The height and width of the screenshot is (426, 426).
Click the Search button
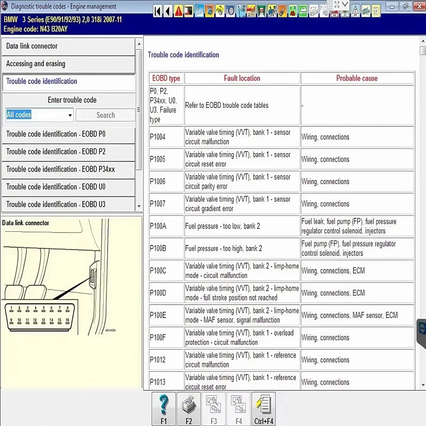click(105, 115)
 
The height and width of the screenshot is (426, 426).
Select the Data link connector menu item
click(69, 46)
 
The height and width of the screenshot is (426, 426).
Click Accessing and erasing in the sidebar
click(69, 64)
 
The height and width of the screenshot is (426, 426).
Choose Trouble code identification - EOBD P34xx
click(69, 169)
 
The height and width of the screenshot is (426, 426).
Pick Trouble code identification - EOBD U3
click(69, 204)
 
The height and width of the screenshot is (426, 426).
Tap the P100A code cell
click(166, 226)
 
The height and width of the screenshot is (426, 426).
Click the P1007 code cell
click(166, 204)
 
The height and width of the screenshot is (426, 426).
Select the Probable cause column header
click(357, 78)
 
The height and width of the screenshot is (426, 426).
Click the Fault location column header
click(242, 78)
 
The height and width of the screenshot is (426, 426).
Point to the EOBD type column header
click(166, 78)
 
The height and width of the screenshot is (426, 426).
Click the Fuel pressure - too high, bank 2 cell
click(242, 248)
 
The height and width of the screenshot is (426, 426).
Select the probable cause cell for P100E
click(357, 316)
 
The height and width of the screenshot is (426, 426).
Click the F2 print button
click(189, 409)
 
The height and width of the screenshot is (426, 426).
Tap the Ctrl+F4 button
click(263, 409)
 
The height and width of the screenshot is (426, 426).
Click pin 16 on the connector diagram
click(67, 320)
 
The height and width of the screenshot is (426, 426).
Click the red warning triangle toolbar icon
click(179, 11)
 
